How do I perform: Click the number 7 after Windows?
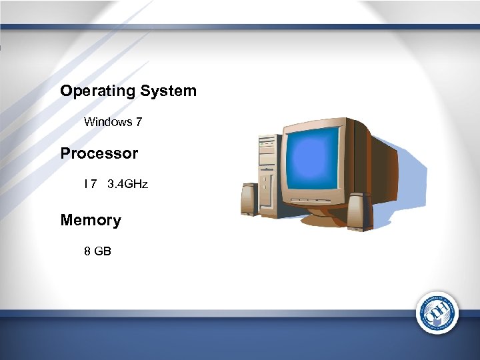coord(139,122)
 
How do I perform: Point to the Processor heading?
coord(99,153)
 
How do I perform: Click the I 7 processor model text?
coord(89,183)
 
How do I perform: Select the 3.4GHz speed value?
coord(127,183)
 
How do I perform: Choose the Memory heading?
coord(91,220)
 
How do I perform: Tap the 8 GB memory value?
coord(97,251)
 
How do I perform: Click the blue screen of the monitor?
coord(313,159)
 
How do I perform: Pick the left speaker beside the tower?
coord(249,199)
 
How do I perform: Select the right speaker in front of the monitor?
coord(358,211)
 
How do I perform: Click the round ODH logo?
coord(438,312)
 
